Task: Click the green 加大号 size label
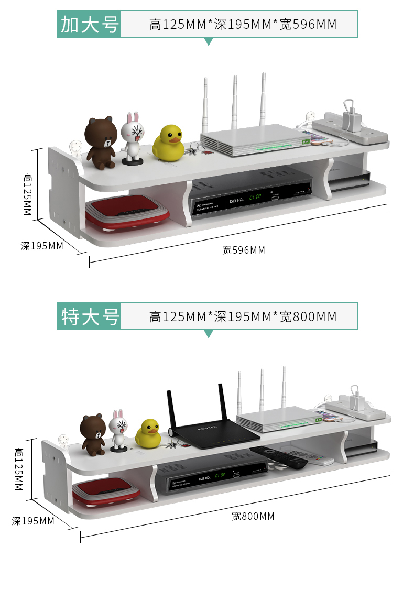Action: [x=89, y=24]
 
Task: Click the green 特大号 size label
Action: [x=89, y=316]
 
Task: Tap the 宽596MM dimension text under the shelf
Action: [x=244, y=250]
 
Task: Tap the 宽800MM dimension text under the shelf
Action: [x=253, y=517]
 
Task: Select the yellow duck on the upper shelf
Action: [x=168, y=142]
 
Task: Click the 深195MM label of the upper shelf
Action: [x=42, y=246]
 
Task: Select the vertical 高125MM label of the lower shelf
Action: [x=19, y=469]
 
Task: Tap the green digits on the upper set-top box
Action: [x=255, y=198]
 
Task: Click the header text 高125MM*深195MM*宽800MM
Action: [x=243, y=316]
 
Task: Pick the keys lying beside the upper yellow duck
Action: [x=195, y=151]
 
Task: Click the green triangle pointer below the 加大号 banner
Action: [x=209, y=41]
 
